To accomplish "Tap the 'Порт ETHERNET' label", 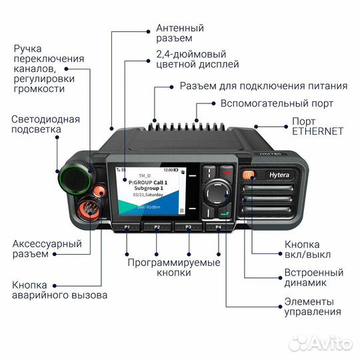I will click(x=317, y=126).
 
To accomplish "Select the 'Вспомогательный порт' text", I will click(x=277, y=103).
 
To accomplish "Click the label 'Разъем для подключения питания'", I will click(x=263, y=86).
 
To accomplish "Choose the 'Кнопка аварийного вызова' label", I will click(x=59, y=290).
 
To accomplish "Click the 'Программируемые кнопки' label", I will click(x=174, y=268).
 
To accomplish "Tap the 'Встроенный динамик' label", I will click(x=313, y=279).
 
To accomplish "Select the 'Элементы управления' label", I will click(x=312, y=305).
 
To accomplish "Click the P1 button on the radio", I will click(x=127, y=228).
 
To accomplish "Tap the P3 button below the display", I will click(x=189, y=228).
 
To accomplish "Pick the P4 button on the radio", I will click(x=218, y=228).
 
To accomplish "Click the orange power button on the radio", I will click(x=248, y=175).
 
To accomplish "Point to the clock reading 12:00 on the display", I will click(x=169, y=171).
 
